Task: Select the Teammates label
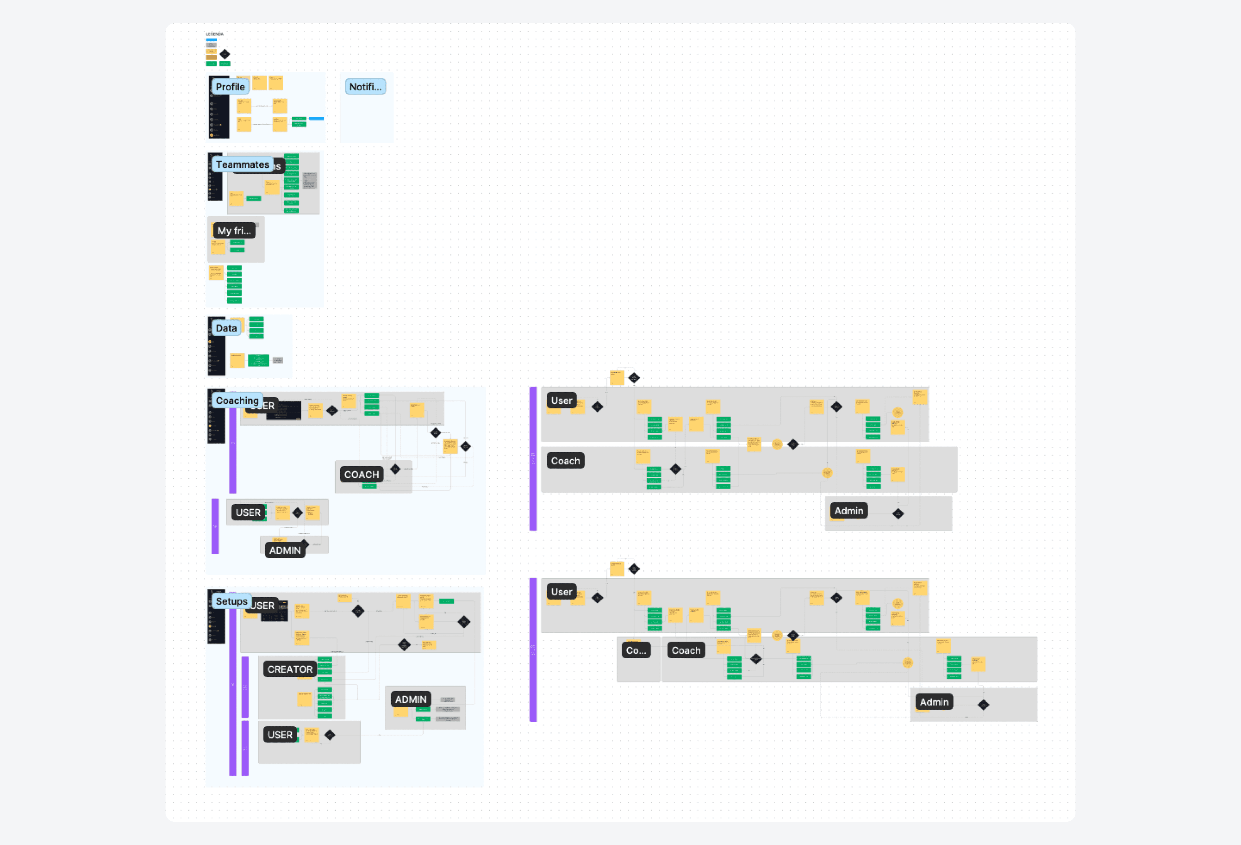(242, 164)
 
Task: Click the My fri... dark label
(234, 231)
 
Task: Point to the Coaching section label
(237, 401)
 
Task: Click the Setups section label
(231, 601)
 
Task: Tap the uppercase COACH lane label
(362, 475)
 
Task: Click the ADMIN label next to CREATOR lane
(411, 699)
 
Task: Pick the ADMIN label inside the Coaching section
(285, 550)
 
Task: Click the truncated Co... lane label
(636, 650)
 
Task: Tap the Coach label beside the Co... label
(686, 650)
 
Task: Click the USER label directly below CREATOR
(280, 735)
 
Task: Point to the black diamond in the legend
(225, 54)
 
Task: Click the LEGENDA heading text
(215, 34)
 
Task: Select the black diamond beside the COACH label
(395, 469)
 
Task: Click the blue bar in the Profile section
(316, 118)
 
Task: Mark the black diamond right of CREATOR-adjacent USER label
(330, 735)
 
